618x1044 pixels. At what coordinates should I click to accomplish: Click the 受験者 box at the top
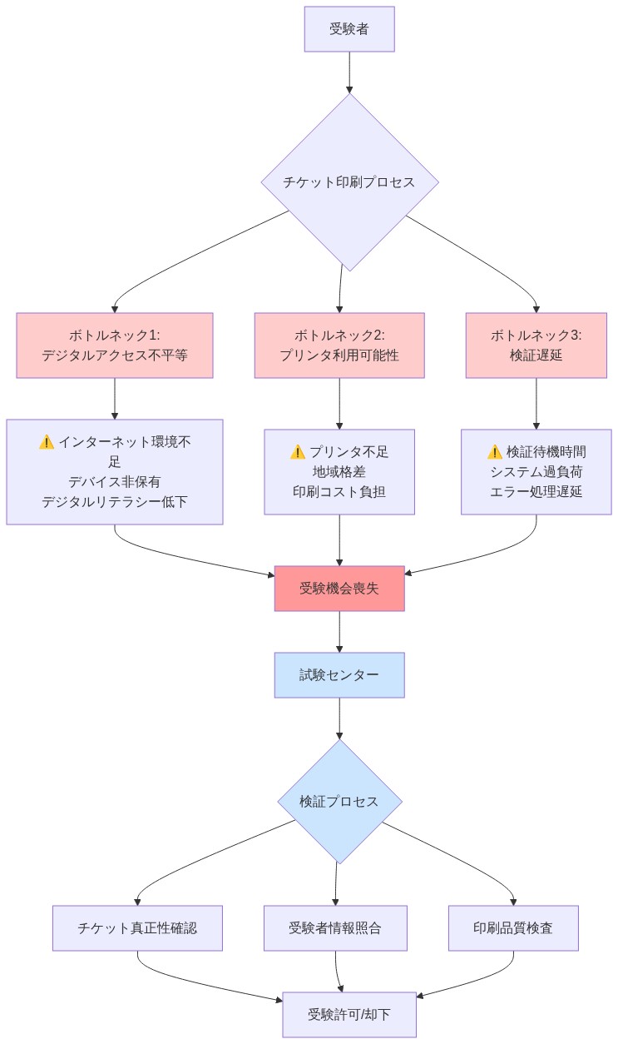point(349,29)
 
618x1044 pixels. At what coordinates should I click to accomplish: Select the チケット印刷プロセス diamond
point(349,181)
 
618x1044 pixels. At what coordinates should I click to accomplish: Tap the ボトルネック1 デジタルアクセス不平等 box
point(115,346)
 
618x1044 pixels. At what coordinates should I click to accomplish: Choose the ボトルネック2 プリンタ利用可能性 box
point(339,346)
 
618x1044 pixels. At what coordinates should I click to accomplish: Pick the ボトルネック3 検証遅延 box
point(536,346)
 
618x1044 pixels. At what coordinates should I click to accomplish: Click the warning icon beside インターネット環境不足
point(47,442)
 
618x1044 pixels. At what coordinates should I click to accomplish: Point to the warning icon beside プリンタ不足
point(297,452)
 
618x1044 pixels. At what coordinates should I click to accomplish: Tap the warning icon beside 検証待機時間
point(494,452)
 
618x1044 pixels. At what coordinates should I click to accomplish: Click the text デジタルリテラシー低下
point(115,502)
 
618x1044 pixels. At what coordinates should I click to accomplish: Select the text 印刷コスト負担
point(339,491)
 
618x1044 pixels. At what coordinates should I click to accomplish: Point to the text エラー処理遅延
point(536,491)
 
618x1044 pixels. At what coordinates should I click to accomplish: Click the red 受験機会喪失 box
point(339,589)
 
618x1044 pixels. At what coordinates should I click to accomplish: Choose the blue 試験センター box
point(339,674)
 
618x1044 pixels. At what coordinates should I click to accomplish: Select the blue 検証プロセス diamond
point(339,802)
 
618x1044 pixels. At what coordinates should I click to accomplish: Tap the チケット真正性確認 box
point(137,928)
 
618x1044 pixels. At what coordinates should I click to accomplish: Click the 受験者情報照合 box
point(335,928)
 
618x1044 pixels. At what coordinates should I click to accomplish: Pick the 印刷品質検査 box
point(513,928)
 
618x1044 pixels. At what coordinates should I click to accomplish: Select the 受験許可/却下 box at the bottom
point(349,1014)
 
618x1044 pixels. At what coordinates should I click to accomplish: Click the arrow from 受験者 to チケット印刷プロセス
point(349,72)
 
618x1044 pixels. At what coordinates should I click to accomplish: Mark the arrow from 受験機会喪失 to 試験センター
point(339,632)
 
